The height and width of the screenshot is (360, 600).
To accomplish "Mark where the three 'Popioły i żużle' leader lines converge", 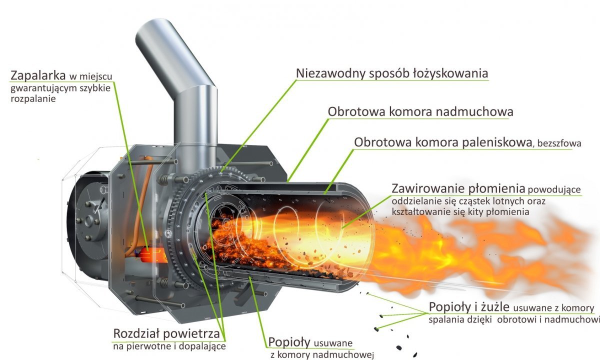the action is click(427, 313).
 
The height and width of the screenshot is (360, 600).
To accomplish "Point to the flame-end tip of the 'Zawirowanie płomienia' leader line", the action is click(342, 228).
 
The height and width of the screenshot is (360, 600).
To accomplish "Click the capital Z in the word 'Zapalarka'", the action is click(14, 76).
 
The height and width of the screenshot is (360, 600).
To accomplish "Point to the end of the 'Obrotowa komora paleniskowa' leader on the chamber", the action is click(324, 193).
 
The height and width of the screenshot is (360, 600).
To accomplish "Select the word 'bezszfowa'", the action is click(559, 143).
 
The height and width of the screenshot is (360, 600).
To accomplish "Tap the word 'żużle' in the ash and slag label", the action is click(495, 307).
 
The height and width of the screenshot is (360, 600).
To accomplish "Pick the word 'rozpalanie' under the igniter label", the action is click(33, 99).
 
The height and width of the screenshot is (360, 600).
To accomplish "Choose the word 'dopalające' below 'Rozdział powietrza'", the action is click(202, 346).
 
